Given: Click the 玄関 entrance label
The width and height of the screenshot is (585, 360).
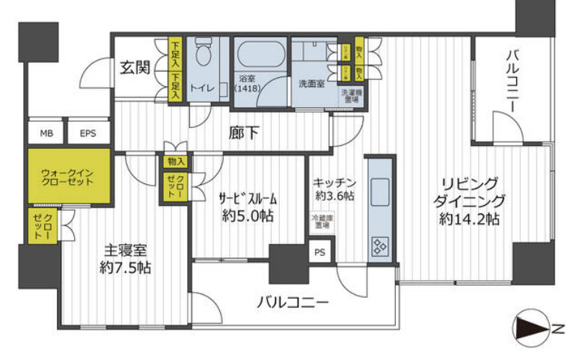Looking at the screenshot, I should click(x=135, y=67).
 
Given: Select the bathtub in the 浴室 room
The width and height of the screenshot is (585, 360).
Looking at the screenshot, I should click(x=261, y=55).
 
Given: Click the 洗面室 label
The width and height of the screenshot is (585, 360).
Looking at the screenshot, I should click(x=310, y=85).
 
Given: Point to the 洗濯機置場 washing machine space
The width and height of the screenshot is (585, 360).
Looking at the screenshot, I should click(x=350, y=96).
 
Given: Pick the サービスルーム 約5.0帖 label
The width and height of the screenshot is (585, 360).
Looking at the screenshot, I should click(x=248, y=207).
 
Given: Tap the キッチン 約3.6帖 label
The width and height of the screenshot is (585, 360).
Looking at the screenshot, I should click(x=334, y=188).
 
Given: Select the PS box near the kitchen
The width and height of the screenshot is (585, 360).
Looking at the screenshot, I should click(x=320, y=252).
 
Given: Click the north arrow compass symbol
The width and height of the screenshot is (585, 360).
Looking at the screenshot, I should click(x=530, y=328).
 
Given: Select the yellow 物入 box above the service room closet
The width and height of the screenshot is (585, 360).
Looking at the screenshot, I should click(x=177, y=161).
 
